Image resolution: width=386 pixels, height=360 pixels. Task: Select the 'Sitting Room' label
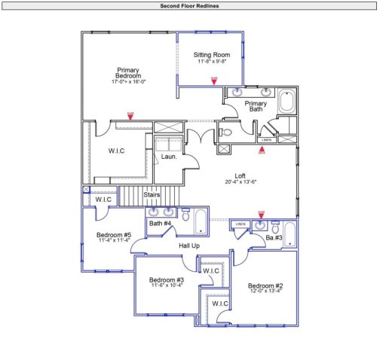tap(211, 55)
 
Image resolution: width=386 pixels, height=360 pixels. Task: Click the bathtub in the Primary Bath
tap(287, 102)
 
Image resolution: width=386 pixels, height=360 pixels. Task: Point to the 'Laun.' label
tap(169, 157)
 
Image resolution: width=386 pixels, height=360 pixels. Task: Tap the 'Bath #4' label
tap(160, 224)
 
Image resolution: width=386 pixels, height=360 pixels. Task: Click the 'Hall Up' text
tap(188, 246)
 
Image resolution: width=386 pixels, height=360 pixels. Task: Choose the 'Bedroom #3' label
tap(167, 279)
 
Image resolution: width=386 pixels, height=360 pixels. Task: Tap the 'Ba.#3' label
tap(274, 238)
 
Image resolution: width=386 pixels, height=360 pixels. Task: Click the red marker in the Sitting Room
tap(213, 78)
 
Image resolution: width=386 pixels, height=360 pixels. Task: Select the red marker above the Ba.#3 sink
tap(261, 213)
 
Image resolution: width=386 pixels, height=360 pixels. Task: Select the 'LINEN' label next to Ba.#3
tap(240, 224)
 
